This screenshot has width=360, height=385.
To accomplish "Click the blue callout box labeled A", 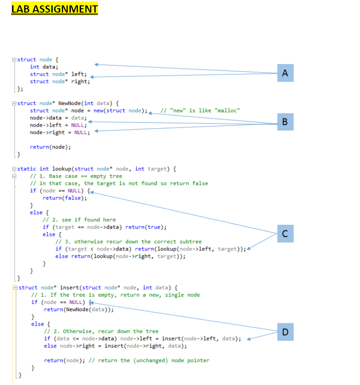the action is [285, 73].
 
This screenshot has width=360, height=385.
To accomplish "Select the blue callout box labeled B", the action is [285, 122].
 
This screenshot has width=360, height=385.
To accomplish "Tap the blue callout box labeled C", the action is [285, 234].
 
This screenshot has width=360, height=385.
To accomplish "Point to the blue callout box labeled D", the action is [285, 332].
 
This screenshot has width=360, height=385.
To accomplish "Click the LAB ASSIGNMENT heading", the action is [54, 9].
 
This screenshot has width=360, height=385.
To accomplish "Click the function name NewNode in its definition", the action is [69, 103].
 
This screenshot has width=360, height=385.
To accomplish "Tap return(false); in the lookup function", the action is [65, 198].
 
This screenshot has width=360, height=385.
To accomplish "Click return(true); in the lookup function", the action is [146, 227].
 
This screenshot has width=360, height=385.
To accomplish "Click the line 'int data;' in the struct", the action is [44, 67].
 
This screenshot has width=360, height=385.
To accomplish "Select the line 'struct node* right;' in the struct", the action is [60, 82].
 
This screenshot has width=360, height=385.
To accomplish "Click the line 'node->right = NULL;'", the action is [60, 133].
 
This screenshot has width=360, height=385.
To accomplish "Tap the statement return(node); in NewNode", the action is [50, 147].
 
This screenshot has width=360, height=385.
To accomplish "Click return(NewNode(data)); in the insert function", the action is [79, 309].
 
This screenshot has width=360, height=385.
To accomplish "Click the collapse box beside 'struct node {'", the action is [14, 60].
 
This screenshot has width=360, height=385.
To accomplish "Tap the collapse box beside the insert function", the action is [16, 287].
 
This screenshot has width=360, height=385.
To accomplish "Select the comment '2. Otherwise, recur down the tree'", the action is [101, 331].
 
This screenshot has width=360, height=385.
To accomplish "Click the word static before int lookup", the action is [27, 168].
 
